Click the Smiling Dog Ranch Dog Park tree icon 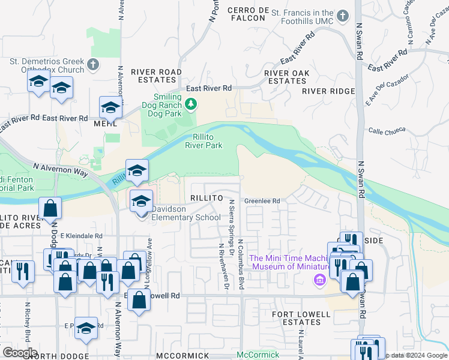191,105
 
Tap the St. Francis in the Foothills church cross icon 343,16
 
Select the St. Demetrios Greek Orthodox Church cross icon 92,64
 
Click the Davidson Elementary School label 185,213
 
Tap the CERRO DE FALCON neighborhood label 248,14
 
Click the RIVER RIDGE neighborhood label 328,91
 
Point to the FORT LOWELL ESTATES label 301,318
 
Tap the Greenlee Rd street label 262,201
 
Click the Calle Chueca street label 387,130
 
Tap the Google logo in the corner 20,353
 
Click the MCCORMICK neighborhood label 182,356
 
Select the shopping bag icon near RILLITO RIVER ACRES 50,208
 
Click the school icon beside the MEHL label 110,107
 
